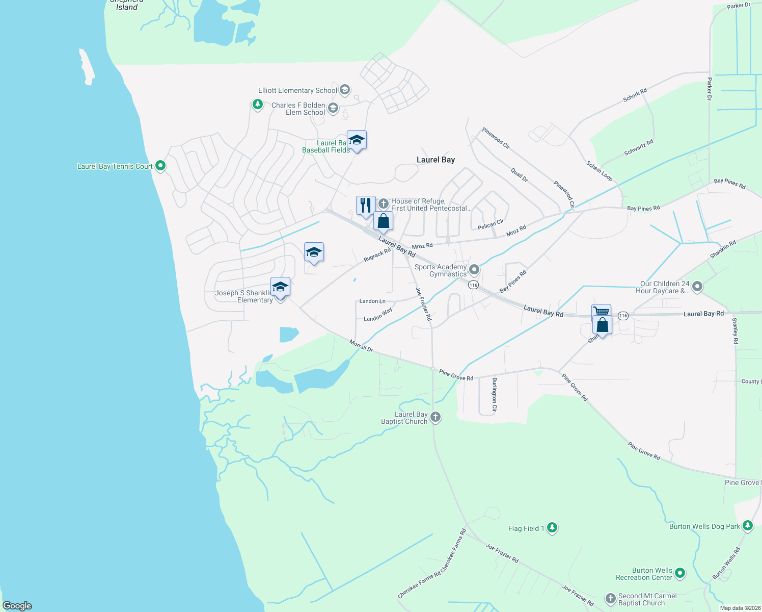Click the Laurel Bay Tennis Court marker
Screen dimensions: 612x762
[x=160, y=166]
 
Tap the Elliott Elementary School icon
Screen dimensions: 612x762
[x=345, y=90]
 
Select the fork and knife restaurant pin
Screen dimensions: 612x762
[x=366, y=206]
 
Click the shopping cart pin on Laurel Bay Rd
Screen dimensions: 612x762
[x=601, y=312]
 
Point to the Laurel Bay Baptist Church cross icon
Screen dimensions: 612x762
[x=435, y=417]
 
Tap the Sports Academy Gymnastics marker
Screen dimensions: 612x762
[x=474, y=269]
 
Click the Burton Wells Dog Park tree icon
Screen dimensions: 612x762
[x=747, y=526]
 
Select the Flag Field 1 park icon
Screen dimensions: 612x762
[x=552, y=528]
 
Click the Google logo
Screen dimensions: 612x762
[x=17, y=606]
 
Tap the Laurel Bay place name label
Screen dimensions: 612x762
[x=436, y=160]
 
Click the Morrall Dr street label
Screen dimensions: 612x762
[x=361, y=346]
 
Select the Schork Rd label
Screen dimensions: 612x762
[x=635, y=95]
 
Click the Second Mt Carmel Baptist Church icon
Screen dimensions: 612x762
[x=610, y=599]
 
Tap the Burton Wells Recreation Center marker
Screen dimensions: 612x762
[x=680, y=574]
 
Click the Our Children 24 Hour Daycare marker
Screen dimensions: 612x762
[x=697, y=287]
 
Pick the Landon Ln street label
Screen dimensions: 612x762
[x=372, y=301]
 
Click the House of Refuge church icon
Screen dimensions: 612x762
[x=383, y=204]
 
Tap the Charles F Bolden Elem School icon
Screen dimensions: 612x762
[x=333, y=108]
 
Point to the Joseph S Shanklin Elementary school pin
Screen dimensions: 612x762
[x=280, y=288]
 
